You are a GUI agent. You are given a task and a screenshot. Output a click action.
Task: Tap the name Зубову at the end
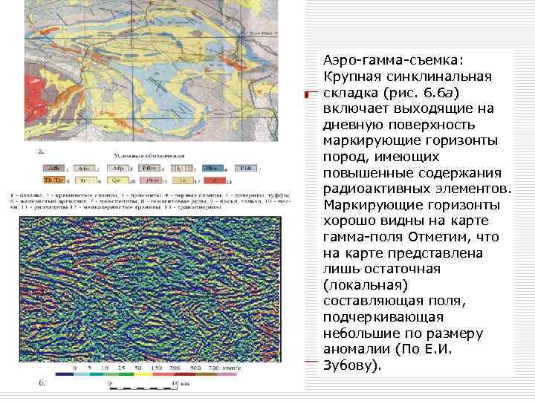coord(348,366)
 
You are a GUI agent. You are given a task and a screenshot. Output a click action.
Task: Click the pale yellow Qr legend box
coord(117,180)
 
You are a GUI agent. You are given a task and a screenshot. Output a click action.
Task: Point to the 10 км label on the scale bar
coord(178,384)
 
